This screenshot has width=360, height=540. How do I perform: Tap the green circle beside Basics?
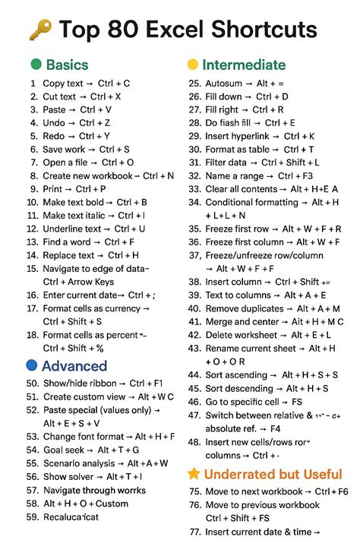click(x=35, y=65)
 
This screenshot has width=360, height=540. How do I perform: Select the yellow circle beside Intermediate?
click(x=193, y=65)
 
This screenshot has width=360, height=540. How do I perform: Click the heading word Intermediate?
click(x=244, y=65)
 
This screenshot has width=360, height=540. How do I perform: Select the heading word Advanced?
click(x=74, y=365)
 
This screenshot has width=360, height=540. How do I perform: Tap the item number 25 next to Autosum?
click(x=194, y=84)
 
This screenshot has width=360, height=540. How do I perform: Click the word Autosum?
click(x=225, y=84)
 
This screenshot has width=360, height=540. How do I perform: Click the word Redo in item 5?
click(x=55, y=136)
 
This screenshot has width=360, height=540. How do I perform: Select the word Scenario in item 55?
click(x=65, y=463)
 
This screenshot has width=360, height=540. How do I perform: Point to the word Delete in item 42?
click(x=220, y=335)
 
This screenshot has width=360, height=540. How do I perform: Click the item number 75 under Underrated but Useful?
click(x=194, y=491)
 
